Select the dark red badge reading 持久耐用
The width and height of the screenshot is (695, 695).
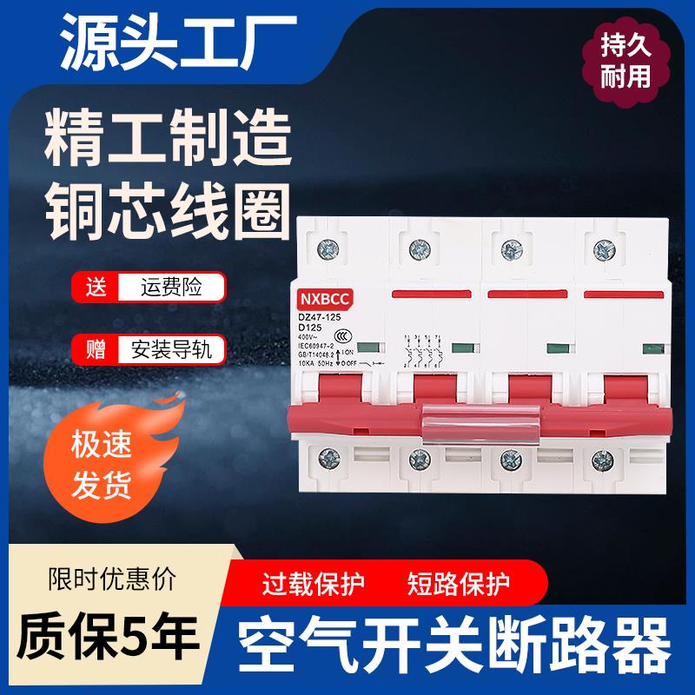pos(626,62)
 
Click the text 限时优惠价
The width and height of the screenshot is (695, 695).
pos(109,578)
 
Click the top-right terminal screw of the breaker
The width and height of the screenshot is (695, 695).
pos(601,248)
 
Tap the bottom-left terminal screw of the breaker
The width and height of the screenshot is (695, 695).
pos(330,457)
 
